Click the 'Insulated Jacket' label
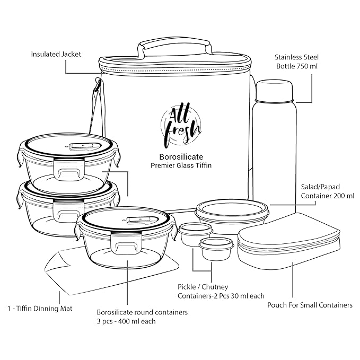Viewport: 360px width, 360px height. click(56, 54)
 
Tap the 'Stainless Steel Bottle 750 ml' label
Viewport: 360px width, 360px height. click(296, 62)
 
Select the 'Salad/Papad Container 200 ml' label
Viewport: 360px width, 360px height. click(328, 191)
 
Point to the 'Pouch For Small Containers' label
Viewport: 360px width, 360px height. click(310, 305)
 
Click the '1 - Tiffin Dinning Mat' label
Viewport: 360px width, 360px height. click(40, 309)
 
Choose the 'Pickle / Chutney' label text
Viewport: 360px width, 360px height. click(203, 287)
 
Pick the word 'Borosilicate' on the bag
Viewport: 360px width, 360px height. click(181, 157)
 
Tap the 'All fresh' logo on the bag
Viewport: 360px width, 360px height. click(181, 125)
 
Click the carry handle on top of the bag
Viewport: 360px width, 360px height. click(174, 46)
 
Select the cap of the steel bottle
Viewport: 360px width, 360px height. click(274, 91)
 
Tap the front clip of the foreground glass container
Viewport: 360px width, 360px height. click(126, 243)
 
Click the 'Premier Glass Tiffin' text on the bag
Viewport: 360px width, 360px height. click(181, 165)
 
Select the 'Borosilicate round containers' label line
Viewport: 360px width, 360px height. click(142, 312)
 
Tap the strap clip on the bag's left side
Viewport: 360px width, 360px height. click(98, 84)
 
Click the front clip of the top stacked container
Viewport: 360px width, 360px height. click(68, 169)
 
